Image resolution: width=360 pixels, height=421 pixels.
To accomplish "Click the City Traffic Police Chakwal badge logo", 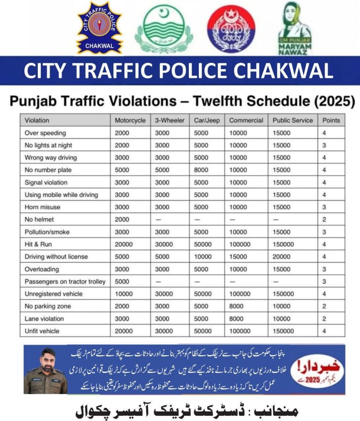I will (100, 28).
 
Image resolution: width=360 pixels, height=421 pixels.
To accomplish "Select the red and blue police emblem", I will (231, 29).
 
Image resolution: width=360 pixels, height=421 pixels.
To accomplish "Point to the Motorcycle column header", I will (130, 120).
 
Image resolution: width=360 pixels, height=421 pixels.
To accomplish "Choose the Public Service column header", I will (293, 120).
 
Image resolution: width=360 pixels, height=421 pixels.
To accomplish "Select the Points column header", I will (331, 120).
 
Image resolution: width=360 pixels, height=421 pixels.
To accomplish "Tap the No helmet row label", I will (39, 220).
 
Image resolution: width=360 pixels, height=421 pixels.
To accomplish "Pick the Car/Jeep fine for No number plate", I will (202, 170).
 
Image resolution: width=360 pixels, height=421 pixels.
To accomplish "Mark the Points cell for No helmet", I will (324, 220).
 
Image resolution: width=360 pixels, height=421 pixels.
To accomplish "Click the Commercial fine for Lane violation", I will (237, 319).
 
